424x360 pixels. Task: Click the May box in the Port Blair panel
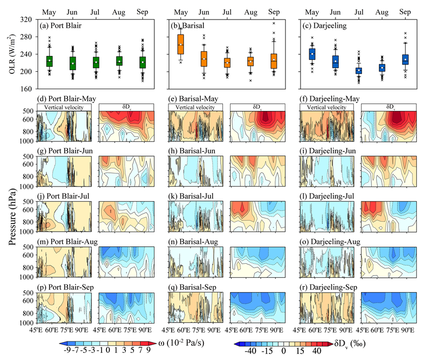click(49, 60)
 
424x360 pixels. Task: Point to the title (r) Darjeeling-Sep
click(332, 290)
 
